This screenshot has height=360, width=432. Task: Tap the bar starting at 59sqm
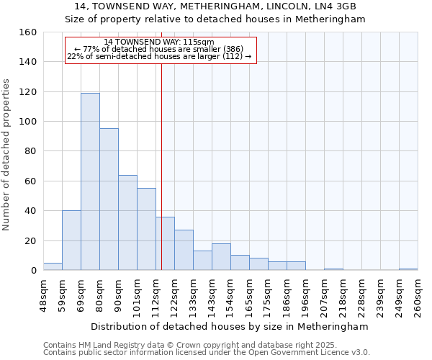[x=71, y=240]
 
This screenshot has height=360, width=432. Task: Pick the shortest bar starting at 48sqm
[x=53, y=266]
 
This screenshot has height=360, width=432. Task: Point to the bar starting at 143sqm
[x=221, y=257]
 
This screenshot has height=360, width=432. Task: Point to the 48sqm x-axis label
[x=44, y=294]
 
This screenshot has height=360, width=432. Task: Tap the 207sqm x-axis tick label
[x=325, y=294]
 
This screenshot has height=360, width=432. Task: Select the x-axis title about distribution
[x=230, y=326]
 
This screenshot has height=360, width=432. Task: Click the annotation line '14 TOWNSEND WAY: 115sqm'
[x=159, y=42]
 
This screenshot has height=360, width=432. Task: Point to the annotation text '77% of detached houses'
[x=159, y=49]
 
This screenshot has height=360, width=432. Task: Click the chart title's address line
[x=216, y=6]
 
